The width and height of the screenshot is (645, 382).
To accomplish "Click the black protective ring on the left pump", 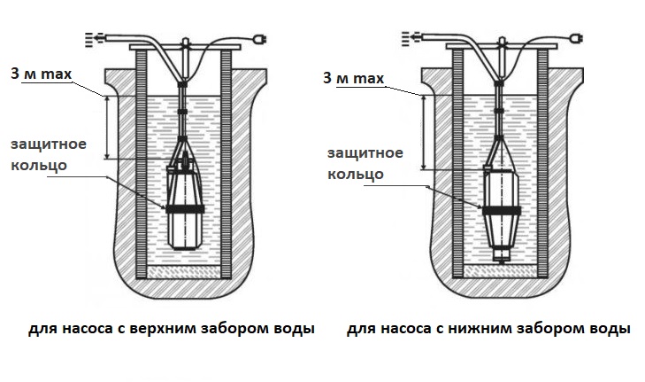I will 184,207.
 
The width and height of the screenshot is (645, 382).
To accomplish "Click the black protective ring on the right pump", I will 501,211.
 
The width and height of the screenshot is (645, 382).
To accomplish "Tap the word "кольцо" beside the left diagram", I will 36,167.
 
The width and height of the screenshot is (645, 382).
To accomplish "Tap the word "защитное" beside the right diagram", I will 364,153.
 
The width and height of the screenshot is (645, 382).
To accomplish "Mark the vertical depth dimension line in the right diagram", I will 425,133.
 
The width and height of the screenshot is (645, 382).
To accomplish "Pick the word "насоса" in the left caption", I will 82,329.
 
